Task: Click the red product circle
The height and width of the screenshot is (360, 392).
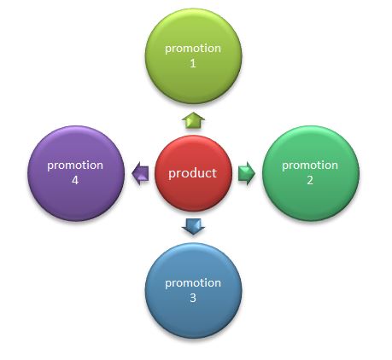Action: click(x=193, y=173)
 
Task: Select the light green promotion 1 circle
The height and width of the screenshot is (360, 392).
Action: click(x=193, y=56)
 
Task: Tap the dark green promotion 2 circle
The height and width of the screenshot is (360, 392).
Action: click(x=311, y=173)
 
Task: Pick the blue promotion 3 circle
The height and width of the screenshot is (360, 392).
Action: click(x=193, y=291)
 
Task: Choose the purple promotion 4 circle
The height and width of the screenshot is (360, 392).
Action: click(x=76, y=173)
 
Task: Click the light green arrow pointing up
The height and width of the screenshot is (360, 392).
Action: click(x=193, y=120)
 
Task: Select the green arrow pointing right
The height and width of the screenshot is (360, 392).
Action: click(x=247, y=173)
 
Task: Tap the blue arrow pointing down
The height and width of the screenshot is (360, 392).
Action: click(x=193, y=226)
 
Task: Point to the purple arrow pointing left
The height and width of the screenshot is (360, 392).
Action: click(x=140, y=173)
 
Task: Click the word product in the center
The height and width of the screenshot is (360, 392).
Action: click(x=192, y=173)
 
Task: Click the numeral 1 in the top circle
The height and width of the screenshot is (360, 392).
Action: click(x=193, y=63)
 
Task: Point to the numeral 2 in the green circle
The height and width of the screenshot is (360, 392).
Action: click(x=310, y=180)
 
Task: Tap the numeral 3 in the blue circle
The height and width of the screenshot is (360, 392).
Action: click(x=193, y=298)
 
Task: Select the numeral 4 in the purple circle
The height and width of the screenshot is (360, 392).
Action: click(x=75, y=180)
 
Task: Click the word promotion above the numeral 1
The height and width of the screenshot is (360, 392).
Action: click(x=193, y=49)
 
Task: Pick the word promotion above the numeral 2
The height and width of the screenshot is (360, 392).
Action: click(x=310, y=165)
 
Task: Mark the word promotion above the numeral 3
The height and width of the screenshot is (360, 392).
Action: click(x=193, y=283)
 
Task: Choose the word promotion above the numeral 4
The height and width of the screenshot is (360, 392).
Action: click(x=75, y=165)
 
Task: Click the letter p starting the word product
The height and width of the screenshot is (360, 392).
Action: click(x=172, y=175)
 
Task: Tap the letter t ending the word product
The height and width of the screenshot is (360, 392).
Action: click(x=214, y=173)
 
